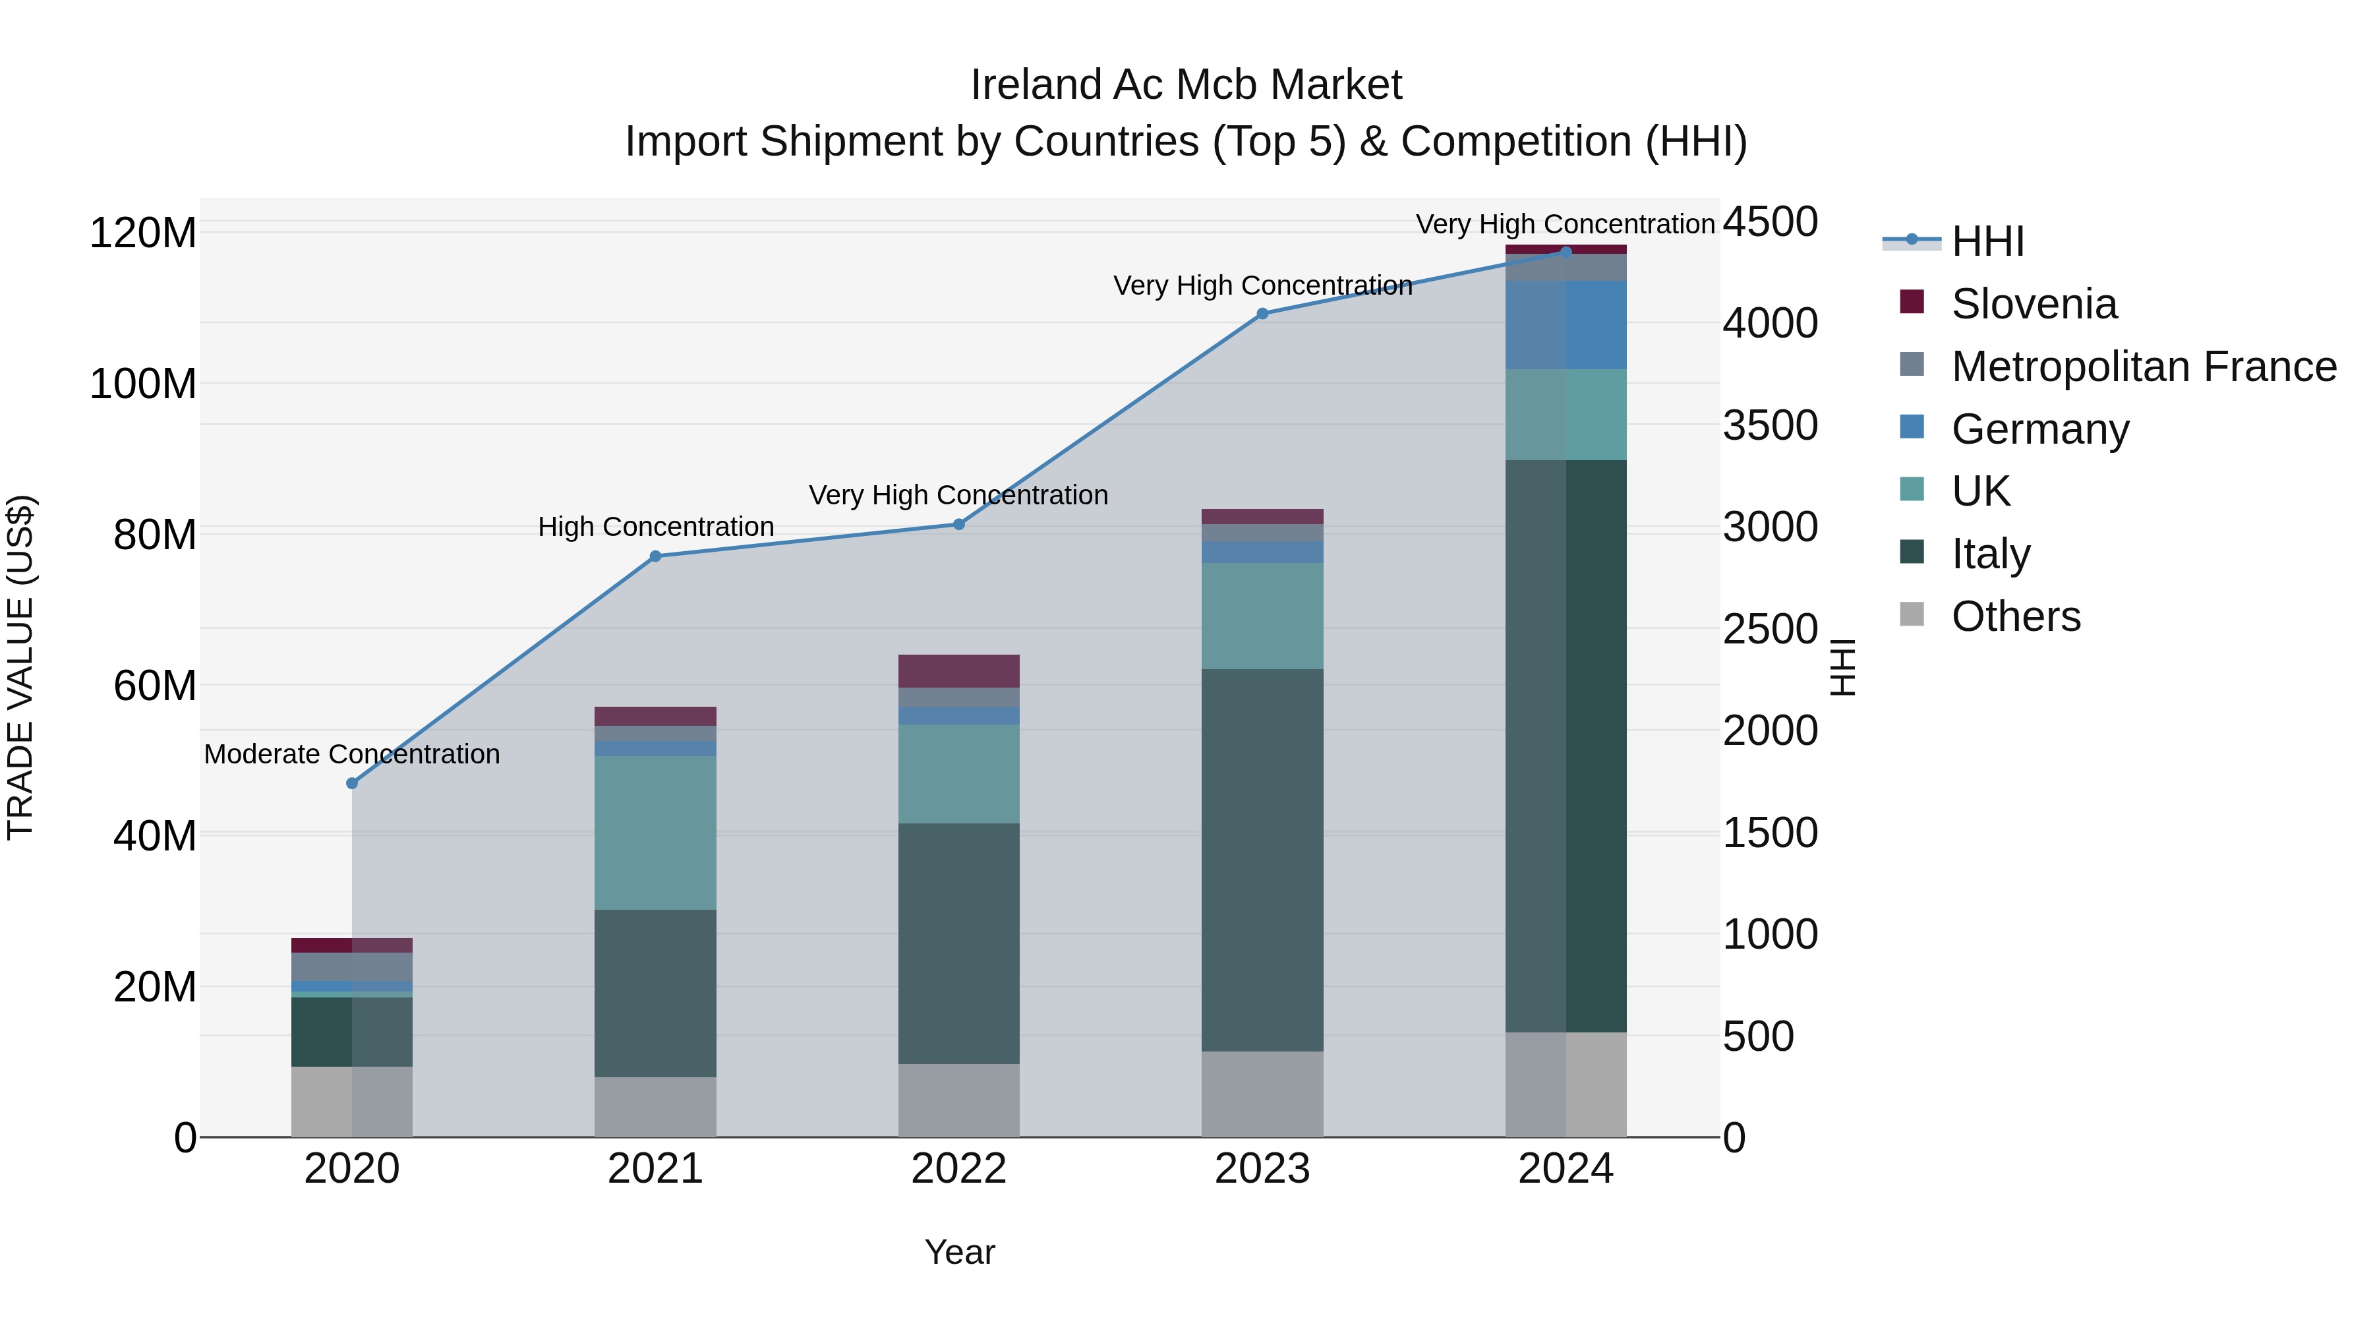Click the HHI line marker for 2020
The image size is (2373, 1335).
pyautogui.click(x=352, y=783)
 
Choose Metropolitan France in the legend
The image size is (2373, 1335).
pyautogui.click(x=2143, y=367)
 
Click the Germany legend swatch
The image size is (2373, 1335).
pyautogui.click(x=1912, y=427)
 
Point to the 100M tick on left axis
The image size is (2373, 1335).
pyautogui.click(x=143, y=383)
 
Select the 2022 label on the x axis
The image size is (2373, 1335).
pyautogui.click(x=958, y=1169)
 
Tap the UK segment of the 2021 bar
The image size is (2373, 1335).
pyautogui.click(x=655, y=832)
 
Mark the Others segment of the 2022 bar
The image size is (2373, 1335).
pyautogui.click(x=958, y=1100)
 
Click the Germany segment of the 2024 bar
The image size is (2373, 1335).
pyautogui.click(x=1566, y=325)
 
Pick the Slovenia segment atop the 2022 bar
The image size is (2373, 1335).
pyautogui.click(x=958, y=670)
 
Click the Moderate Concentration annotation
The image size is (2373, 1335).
pyautogui.click(x=352, y=755)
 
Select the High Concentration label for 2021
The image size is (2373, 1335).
pyautogui.click(x=656, y=527)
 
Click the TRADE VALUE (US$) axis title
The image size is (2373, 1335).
pyautogui.click(x=20, y=667)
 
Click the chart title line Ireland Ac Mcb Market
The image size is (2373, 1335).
pyautogui.click(x=1186, y=85)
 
